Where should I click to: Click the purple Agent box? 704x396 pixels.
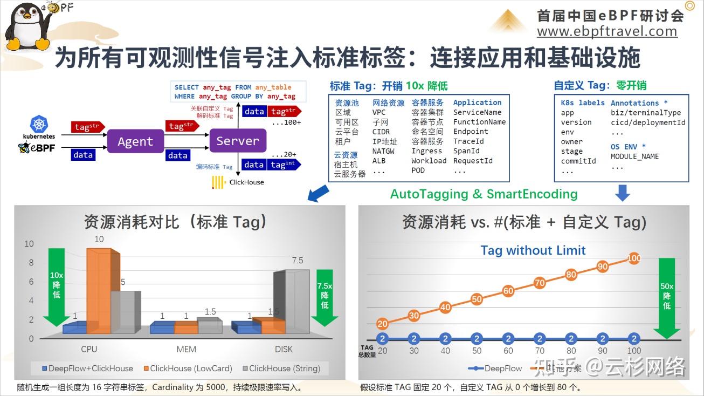[135, 141]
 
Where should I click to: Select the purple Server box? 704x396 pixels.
[238, 141]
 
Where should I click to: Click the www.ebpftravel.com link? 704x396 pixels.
[607, 31]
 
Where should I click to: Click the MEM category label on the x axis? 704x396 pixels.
[187, 349]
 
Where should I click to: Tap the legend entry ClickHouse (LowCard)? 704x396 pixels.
[187, 368]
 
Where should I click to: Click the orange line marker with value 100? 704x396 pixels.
[634, 258]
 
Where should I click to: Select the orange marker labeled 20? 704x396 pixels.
[382, 324]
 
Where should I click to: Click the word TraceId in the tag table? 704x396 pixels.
[468, 141]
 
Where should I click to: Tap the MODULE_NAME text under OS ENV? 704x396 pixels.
[634, 156]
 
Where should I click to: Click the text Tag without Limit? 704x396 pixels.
[533, 250]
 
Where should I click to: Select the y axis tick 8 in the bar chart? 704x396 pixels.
[31, 263]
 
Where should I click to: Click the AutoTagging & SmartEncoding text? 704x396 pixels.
[484, 194]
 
